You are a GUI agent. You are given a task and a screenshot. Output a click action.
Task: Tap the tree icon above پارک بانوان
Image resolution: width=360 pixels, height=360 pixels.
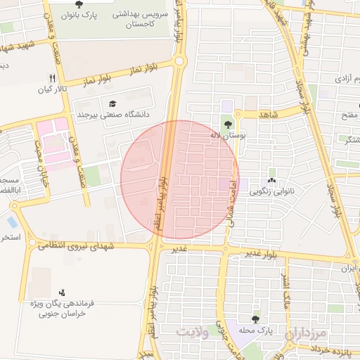[77, 4]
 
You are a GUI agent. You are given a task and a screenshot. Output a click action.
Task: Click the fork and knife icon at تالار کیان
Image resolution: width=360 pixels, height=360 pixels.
[52, 78]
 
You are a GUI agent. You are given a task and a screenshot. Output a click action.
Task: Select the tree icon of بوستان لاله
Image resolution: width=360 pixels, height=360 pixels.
[226, 124]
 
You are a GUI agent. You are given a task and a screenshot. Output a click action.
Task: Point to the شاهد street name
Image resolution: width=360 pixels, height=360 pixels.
[269, 113]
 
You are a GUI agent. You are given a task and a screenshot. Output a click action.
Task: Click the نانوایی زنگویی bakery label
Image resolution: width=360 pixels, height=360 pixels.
[271, 191]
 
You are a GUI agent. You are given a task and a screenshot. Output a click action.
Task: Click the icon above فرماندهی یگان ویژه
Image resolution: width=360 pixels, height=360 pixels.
[63, 292]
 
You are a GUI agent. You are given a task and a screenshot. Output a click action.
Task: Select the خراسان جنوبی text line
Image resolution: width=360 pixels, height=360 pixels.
[63, 314]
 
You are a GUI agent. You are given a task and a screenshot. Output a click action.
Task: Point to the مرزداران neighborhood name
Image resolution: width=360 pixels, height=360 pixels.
[307, 333]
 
